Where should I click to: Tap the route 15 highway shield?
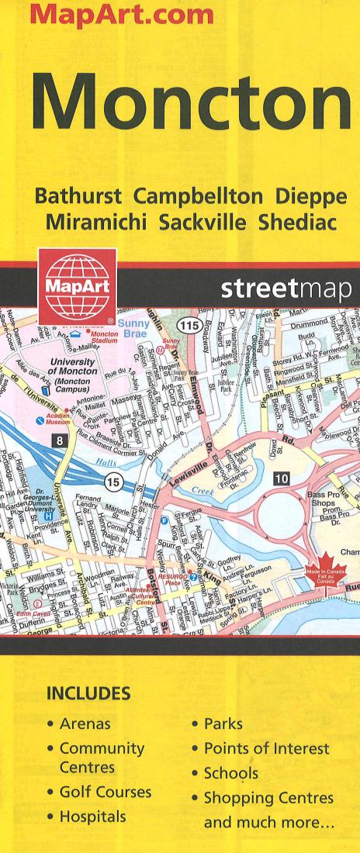[x=115, y=482]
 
